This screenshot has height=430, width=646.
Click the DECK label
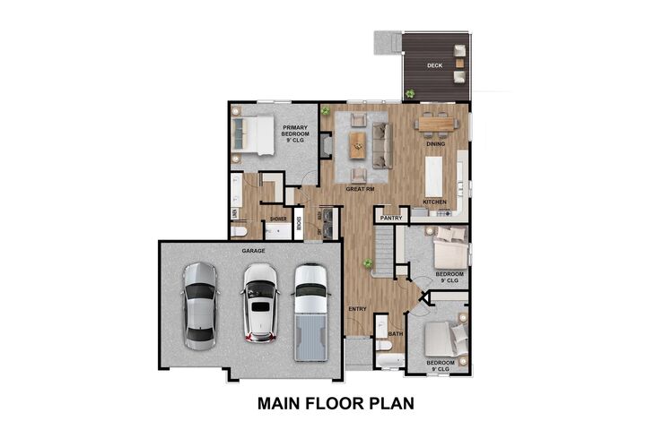pos(434,64)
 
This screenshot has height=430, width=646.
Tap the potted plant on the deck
pos(410,93)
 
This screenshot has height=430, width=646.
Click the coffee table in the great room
pos(359,142)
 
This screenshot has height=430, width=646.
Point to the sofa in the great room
pos(381,143)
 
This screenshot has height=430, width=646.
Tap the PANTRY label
pos(390,218)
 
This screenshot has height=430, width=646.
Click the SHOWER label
pos(278,218)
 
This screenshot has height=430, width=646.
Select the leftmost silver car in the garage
pos(199,305)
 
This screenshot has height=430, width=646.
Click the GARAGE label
pos(253,252)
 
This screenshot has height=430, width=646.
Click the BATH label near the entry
pos(396,333)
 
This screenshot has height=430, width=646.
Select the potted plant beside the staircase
pos(368,263)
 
